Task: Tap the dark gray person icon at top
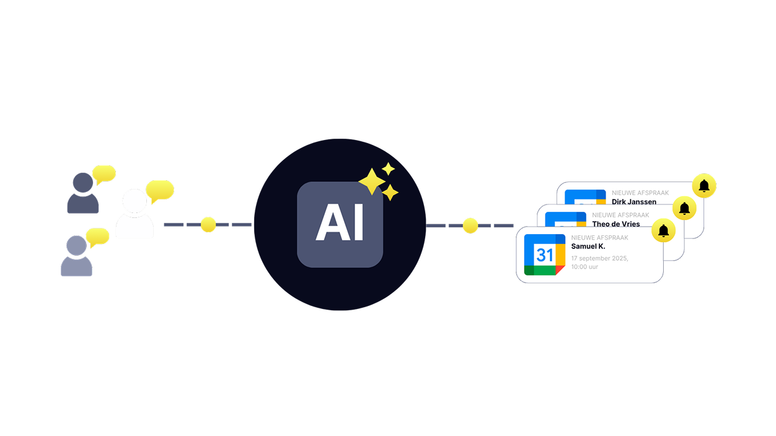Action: click(x=82, y=193)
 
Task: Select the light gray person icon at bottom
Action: click(x=76, y=256)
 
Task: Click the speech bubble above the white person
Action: click(x=159, y=190)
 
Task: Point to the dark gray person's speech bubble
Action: click(x=104, y=173)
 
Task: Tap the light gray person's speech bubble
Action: click(x=97, y=237)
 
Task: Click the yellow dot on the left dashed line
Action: click(x=208, y=225)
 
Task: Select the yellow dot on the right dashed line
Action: click(x=470, y=225)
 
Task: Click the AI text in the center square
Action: click(x=340, y=224)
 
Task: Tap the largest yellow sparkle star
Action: click(x=371, y=181)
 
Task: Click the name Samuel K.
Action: click(x=588, y=246)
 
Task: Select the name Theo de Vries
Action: click(x=616, y=224)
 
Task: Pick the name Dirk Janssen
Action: click(x=634, y=202)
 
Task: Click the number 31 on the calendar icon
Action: click(x=545, y=255)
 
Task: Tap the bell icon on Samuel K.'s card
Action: click(x=663, y=231)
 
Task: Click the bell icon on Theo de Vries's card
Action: click(x=684, y=209)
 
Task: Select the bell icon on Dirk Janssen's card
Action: click(x=704, y=186)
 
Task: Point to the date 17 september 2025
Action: click(x=599, y=258)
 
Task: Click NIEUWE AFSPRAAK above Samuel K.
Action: click(x=599, y=238)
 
